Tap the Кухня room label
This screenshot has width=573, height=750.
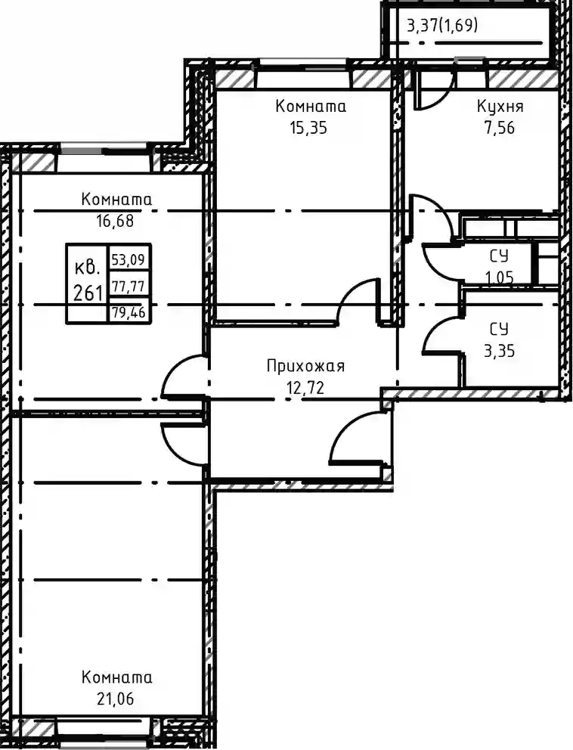pyautogui.click(x=500, y=106)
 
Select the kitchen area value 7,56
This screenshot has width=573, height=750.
pyautogui.click(x=500, y=128)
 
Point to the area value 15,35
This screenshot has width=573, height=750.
pyautogui.click(x=308, y=128)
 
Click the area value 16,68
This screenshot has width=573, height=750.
pyautogui.click(x=115, y=221)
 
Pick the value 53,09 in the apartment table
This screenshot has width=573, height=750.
pyautogui.click(x=129, y=260)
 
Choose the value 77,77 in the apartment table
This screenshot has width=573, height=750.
pyautogui.click(x=129, y=286)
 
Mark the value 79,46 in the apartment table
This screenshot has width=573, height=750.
pyautogui.click(x=129, y=313)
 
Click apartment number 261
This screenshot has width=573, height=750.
pyautogui.click(x=88, y=292)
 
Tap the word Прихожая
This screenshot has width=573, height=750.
pyautogui.click(x=305, y=367)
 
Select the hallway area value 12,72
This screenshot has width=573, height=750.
pyautogui.click(x=305, y=387)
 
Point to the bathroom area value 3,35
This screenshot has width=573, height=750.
pyautogui.click(x=500, y=351)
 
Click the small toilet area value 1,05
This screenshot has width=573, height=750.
pyautogui.click(x=500, y=277)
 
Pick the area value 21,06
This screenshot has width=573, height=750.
pyautogui.click(x=115, y=699)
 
